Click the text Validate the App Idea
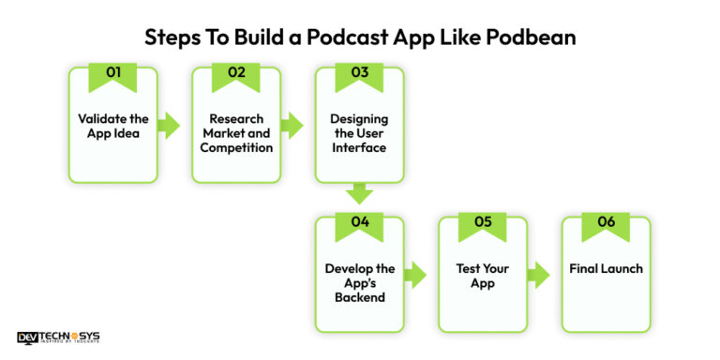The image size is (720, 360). coord(112,126)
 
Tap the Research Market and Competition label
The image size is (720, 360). coord(235,133)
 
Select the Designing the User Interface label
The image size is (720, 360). coord(359,133)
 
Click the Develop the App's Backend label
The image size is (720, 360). coord(359,283)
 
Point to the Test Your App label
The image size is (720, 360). coord(482,276)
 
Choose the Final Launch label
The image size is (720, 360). coord(606,269)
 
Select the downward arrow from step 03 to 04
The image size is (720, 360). coord(359,194)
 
